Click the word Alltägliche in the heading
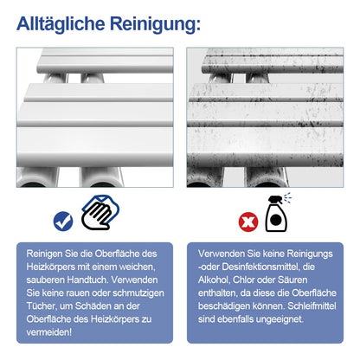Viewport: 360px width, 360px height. [x=61, y=23]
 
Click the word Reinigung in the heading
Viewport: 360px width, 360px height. [x=153, y=24]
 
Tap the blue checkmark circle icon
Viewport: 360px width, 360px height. [x=63, y=222]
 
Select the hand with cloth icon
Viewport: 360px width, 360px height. [x=100, y=212]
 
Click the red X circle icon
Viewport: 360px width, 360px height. [x=248, y=222]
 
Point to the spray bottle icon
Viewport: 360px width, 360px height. [x=276, y=214]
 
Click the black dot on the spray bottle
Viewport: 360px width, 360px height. [x=276, y=220]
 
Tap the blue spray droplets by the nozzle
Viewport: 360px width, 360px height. [x=287, y=197]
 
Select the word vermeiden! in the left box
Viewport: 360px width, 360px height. [x=49, y=332]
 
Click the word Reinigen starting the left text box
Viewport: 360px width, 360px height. [x=44, y=254]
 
